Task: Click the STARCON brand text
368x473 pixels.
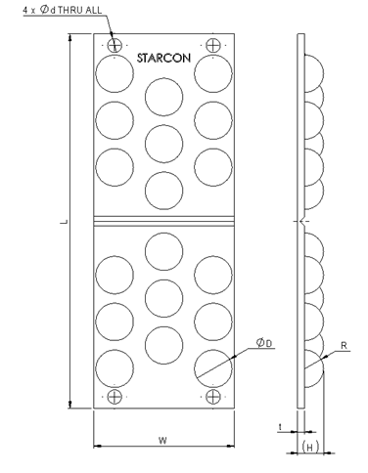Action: click(163, 58)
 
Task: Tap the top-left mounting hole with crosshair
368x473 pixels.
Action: click(115, 45)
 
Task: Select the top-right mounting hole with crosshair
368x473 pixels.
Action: click(213, 45)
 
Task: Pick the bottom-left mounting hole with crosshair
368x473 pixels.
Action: click(115, 397)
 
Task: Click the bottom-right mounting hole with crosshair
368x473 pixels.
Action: click(213, 397)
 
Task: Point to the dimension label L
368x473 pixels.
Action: click(65, 222)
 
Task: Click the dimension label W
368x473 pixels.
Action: click(162, 441)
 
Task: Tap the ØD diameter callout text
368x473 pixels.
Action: click(264, 343)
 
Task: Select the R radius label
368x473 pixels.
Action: click(344, 346)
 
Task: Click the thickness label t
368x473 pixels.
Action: click(281, 427)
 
